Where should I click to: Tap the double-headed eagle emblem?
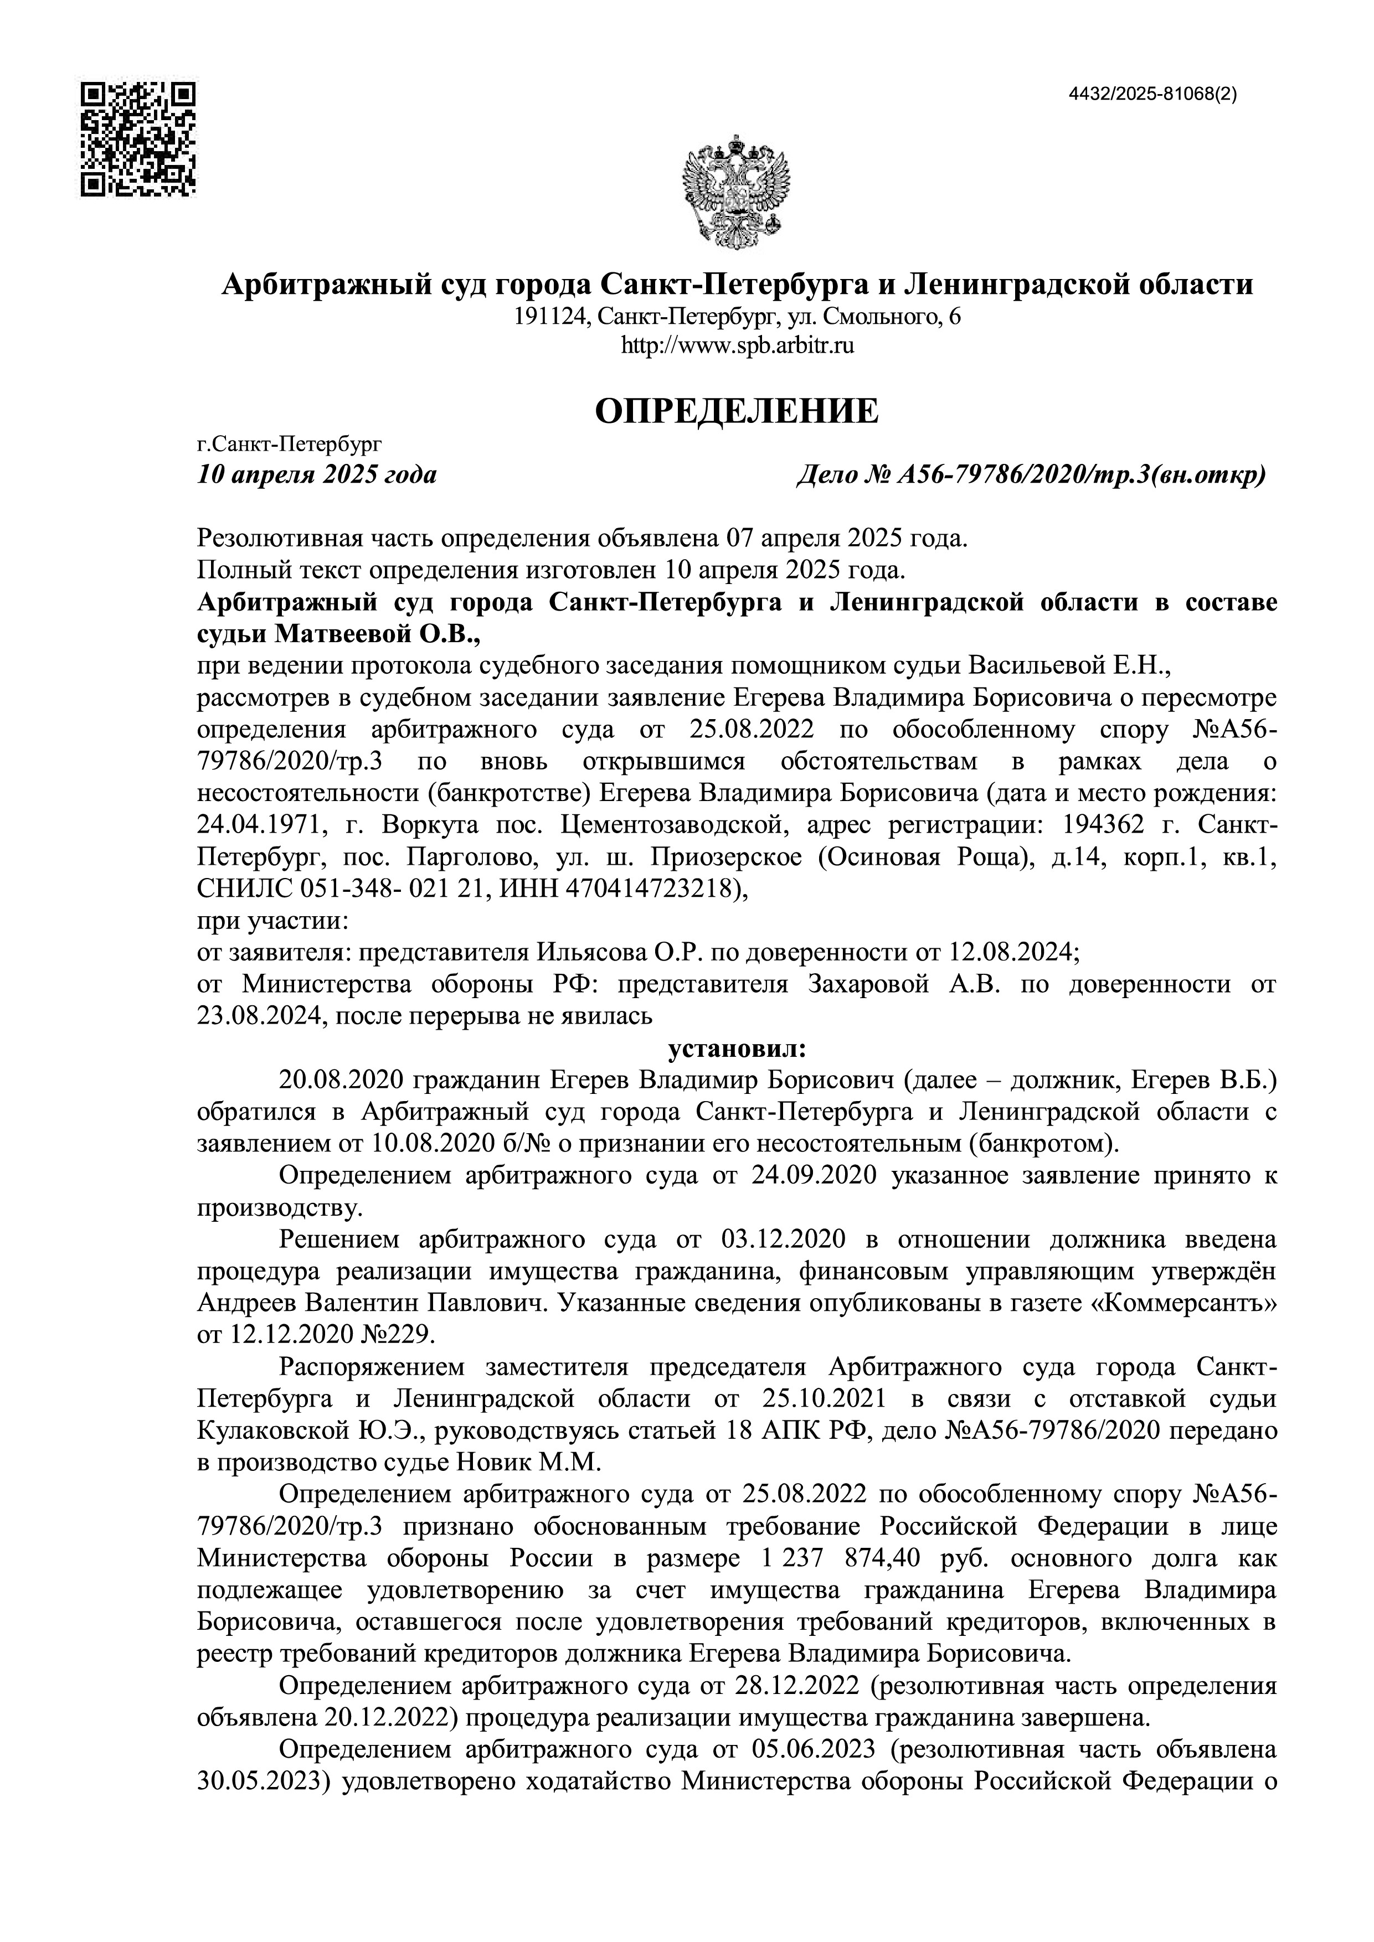click(735, 193)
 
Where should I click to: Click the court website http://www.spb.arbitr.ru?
click(737, 345)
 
